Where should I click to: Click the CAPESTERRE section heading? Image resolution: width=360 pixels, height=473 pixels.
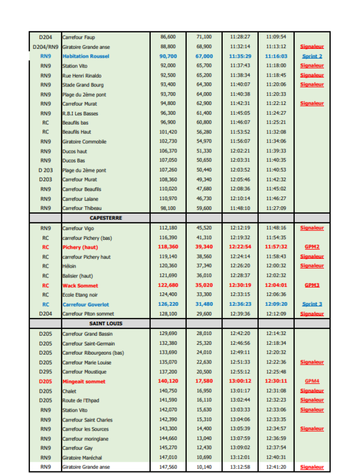(106, 218)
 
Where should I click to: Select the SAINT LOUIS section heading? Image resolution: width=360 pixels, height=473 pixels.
(106, 324)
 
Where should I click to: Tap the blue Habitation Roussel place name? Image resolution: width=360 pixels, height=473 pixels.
(85, 56)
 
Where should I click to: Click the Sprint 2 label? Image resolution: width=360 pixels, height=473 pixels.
(312, 56)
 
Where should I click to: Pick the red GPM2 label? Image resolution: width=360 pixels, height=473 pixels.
(312, 247)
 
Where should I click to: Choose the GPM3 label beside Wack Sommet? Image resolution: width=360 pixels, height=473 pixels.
(312, 285)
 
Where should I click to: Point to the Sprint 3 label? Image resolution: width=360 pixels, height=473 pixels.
(312, 304)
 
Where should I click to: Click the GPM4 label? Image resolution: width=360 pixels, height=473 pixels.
(312, 381)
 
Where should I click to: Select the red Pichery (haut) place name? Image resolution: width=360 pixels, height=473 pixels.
(80, 247)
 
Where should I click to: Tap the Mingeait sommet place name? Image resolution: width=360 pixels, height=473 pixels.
(84, 381)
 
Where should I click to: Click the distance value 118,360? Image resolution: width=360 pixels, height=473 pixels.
(168, 247)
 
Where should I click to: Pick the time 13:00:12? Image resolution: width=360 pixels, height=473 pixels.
(240, 381)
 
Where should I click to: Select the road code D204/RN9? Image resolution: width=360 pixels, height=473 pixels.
(45, 46)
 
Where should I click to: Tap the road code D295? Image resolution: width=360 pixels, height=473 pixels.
(45, 372)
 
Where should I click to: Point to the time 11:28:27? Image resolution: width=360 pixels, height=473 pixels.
(240, 37)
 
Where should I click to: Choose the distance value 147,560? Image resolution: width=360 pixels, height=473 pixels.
(168, 467)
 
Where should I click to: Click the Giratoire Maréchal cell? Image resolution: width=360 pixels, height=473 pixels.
(82, 458)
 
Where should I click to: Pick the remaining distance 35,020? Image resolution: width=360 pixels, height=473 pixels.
(204, 285)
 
